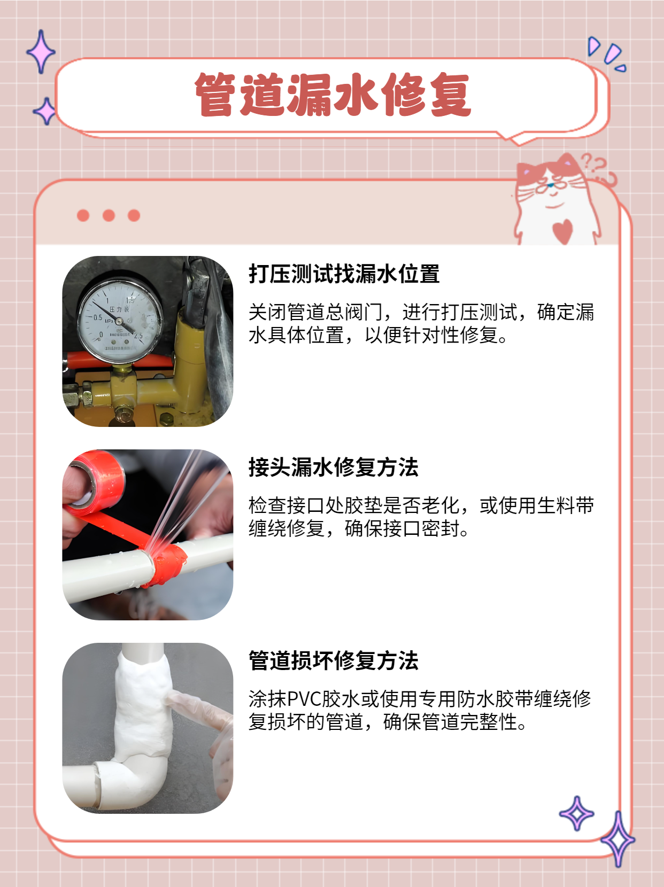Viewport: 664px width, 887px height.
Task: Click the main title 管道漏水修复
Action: [x=332, y=95]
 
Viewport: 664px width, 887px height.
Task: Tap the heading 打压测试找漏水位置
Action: [x=344, y=274]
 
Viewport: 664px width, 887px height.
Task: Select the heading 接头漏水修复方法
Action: [x=333, y=468]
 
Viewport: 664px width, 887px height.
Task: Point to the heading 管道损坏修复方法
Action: [x=333, y=661]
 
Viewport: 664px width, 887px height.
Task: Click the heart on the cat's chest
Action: [x=562, y=231]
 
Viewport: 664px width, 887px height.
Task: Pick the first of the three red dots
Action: [x=83, y=215]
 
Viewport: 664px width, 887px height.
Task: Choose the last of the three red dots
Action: [x=134, y=215]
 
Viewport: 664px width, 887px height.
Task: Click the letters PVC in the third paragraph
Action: [x=304, y=699]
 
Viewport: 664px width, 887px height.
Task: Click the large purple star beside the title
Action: [x=41, y=52]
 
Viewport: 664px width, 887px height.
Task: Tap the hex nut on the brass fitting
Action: [x=85, y=396]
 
